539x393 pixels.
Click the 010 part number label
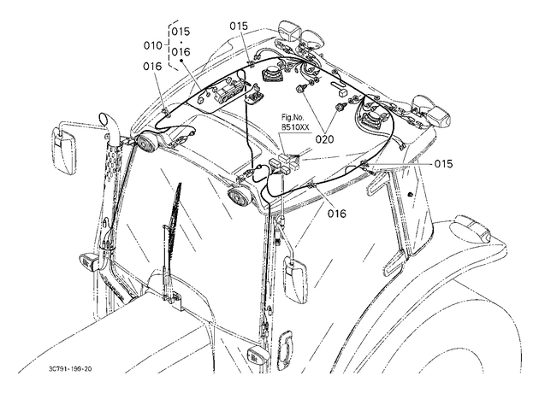[152, 45]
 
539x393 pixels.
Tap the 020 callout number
[324, 139]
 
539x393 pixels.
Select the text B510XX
[295, 127]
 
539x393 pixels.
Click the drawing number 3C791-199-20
[70, 369]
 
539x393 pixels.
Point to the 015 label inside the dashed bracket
[181, 32]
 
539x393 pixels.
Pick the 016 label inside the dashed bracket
[181, 52]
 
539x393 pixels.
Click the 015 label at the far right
[443, 164]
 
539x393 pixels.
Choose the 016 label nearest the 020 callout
[336, 214]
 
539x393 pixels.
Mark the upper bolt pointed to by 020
[301, 89]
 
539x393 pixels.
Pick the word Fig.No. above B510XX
[291, 119]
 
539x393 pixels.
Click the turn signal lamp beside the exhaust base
[89, 262]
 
